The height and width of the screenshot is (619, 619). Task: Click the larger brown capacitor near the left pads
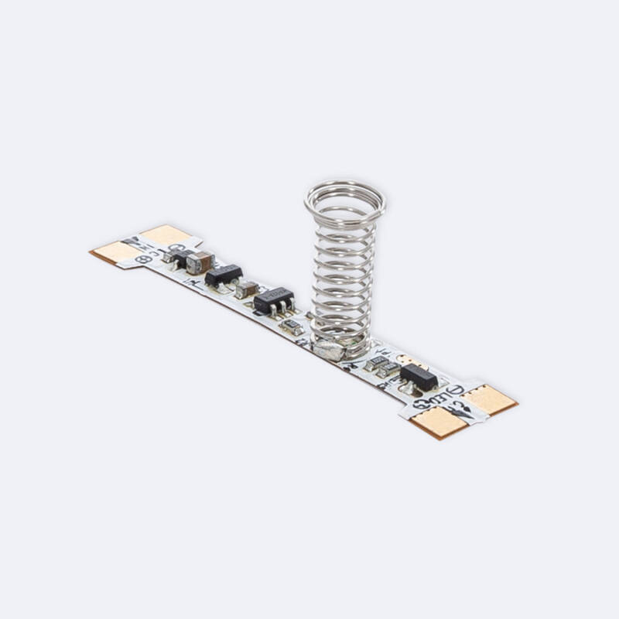(200, 262)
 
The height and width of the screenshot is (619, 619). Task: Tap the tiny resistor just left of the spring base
(292, 327)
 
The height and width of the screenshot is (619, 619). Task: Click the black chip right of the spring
(419, 374)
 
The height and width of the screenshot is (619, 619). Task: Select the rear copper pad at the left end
(166, 234)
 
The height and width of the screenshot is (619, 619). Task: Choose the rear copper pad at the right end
(490, 398)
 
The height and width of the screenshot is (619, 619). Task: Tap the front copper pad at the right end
(438, 422)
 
